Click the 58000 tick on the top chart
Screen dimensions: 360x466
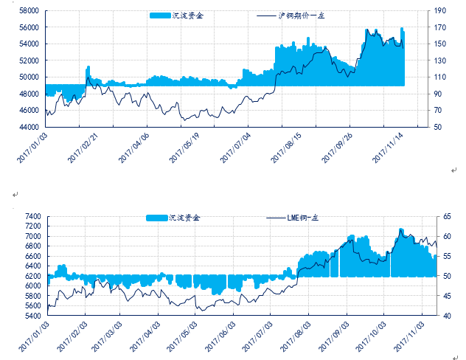click(x=29, y=11)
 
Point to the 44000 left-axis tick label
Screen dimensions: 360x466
click(x=29, y=127)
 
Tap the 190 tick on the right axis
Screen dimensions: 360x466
click(x=440, y=11)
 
